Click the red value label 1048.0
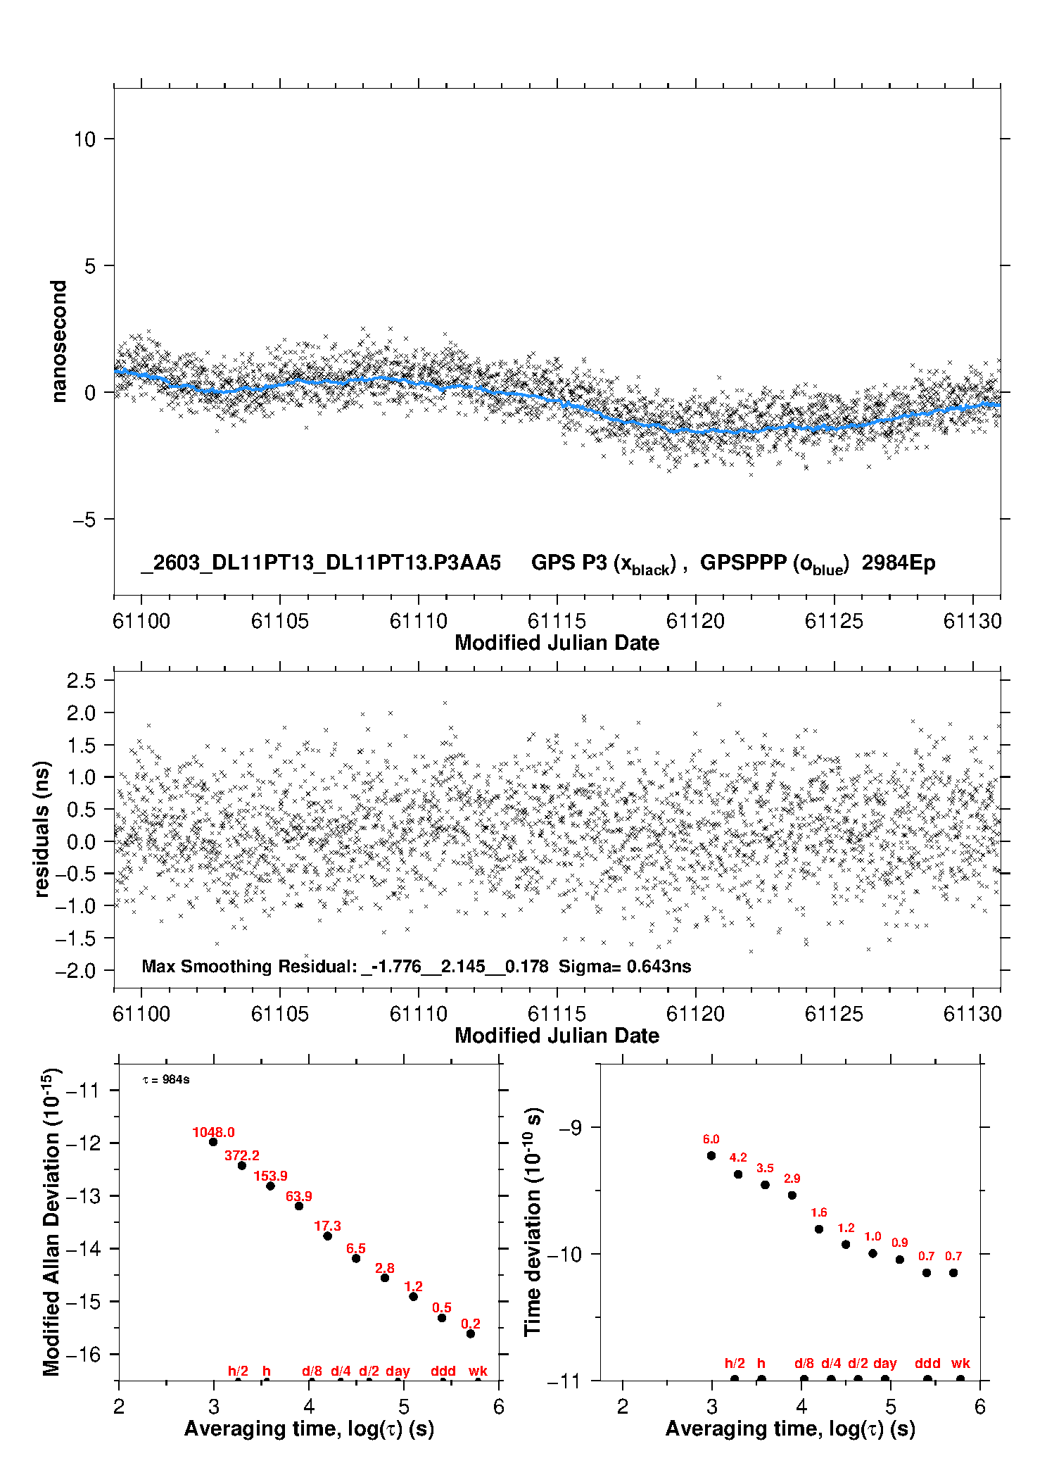(213, 1132)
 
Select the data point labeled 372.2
(242, 1165)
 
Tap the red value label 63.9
(299, 1196)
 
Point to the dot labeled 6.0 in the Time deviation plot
(711, 1155)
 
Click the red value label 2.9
(792, 1178)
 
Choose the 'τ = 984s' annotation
(166, 1079)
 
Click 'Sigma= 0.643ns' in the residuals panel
(625, 966)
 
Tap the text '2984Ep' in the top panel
(899, 563)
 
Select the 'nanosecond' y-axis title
(58, 341)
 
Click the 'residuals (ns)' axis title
(42, 829)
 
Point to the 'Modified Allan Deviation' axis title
(51, 1222)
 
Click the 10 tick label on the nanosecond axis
(84, 139)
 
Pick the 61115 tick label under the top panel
(557, 621)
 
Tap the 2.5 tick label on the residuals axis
(81, 681)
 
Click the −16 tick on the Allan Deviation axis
(82, 1354)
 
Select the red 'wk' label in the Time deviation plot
(960, 1363)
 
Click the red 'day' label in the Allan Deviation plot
(398, 1371)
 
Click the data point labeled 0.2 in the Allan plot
(471, 1333)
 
